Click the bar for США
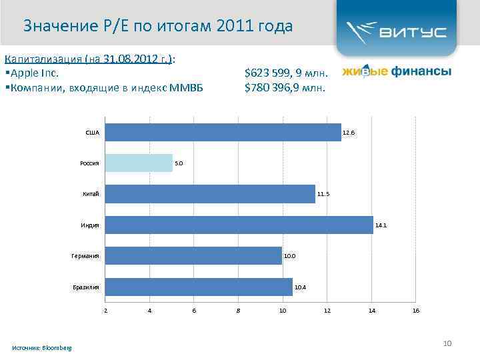coord(223,132)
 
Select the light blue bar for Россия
coord(139,163)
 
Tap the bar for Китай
coord(210,194)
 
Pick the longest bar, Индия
coord(239,225)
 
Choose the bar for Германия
coord(193,255)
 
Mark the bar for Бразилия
coord(199,287)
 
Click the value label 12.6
coord(349,133)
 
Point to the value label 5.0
coord(179,163)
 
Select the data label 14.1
coord(381,225)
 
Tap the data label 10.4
coord(300,287)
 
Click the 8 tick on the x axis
coord(238,311)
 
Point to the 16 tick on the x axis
coord(416,311)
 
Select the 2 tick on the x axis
coord(105,311)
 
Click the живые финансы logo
coord(397,71)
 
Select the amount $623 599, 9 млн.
coord(285,72)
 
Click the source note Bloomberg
coord(42,348)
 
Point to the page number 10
coord(447,343)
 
